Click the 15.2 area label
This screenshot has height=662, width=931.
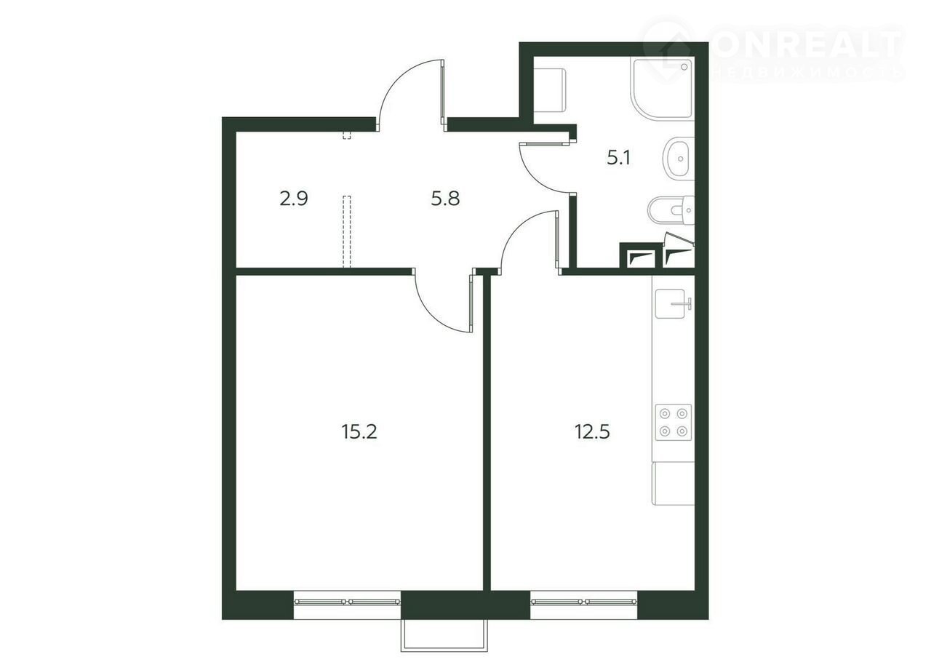359,431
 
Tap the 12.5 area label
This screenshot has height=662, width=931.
592,431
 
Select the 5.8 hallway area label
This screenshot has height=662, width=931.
445,199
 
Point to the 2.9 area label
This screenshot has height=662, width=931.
294,199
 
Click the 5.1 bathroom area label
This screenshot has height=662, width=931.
618,158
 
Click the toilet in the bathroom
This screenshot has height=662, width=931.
671,210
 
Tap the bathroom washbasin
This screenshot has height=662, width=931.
679,159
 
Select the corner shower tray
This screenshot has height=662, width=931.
663,89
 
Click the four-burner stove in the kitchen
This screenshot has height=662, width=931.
674,423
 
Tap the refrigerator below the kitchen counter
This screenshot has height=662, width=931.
673,484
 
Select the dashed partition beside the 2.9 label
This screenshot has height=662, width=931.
347,231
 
